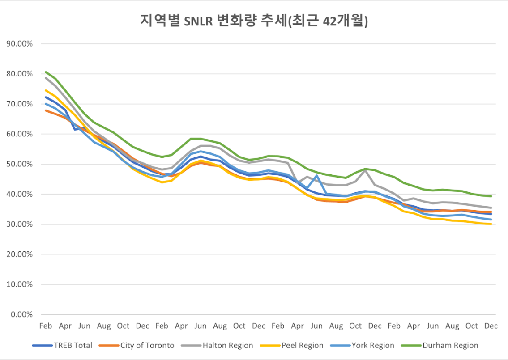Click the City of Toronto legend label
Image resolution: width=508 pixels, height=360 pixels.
(x=147, y=345)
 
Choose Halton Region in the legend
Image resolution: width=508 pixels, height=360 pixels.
(x=228, y=345)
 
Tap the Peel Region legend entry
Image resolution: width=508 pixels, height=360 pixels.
(x=302, y=345)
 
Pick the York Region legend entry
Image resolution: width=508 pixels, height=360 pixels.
(x=373, y=345)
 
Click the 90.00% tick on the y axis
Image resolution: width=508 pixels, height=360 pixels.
(x=21, y=44)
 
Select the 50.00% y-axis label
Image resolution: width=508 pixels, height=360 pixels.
(x=21, y=164)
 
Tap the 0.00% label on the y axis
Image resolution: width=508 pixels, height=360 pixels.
(x=23, y=314)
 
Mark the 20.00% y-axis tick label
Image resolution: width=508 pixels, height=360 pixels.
(x=21, y=254)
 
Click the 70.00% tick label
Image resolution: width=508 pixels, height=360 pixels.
(x=21, y=104)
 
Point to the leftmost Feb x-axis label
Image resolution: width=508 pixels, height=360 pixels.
(x=46, y=326)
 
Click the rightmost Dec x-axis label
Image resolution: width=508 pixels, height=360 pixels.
(x=491, y=326)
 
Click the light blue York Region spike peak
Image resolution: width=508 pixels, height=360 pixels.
(x=316, y=175)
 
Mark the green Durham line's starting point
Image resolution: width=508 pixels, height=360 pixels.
(x=46, y=72)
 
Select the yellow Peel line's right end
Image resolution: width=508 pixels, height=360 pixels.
(x=491, y=224)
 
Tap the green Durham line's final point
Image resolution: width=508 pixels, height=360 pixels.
(x=491, y=196)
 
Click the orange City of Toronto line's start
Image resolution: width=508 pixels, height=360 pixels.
(x=46, y=110)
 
